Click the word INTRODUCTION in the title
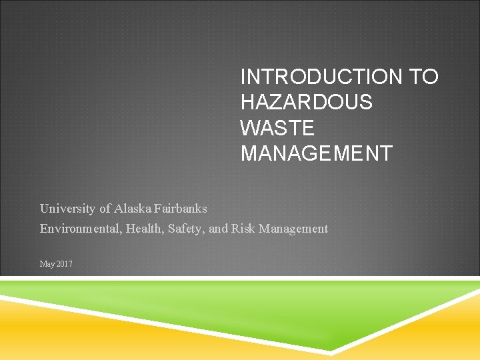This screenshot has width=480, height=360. (x=321, y=77)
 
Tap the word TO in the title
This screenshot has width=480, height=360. (x=423, y=77)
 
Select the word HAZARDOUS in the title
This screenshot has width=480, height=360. (x=306, y=103)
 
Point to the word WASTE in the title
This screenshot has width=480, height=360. (x=277, y=128)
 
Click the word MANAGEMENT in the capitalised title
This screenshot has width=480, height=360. (x=316, y=153)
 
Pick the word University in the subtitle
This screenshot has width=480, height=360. (x=67, y=209)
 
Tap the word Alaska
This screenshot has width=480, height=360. (x=133, y=209)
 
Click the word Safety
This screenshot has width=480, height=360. (x=186, y=229)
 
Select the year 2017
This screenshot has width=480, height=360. (x=64, y=265)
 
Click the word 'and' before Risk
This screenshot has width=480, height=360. (x=219, y=229)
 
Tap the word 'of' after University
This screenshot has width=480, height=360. (x=105, y=209)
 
